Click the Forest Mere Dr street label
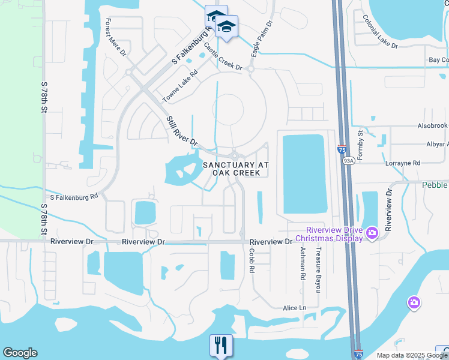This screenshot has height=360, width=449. click(115, 37)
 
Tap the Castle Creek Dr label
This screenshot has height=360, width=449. click(223, 56)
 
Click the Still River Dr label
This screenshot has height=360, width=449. click(181, 131)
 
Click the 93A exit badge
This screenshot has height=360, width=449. click(348, 161)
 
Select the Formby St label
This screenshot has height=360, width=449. click(361, 145)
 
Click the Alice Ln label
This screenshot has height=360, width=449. click(295, 308)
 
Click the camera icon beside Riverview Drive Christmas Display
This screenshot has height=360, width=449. click(372, 232)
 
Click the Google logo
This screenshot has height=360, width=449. click(20, 353)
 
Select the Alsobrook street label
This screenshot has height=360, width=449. click(432, 126)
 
